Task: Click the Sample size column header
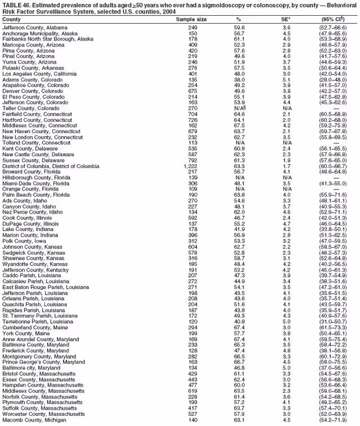point(191,19)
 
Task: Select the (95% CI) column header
point(334,19)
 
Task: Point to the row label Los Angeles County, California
point(38,73)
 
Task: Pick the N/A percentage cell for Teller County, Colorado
point(240,108)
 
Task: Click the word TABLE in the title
point(12,5)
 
